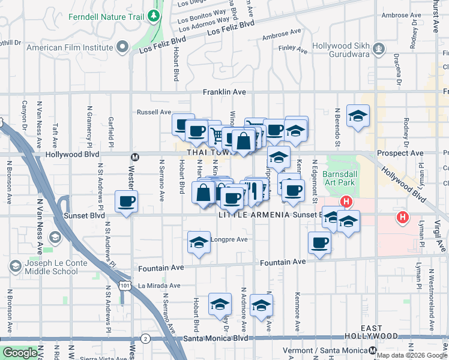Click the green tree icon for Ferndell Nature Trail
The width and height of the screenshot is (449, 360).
(155, 16)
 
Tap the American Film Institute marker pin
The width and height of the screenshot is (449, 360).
(123, 46)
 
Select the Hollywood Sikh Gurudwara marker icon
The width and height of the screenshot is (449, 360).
(379, 47)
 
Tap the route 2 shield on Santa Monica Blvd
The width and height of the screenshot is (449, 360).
(145, 338)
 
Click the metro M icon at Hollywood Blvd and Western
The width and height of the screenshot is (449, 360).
(135, 157)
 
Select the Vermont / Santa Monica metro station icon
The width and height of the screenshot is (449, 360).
(373, 350)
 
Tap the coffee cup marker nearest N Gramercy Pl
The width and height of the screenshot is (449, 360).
(126, 202)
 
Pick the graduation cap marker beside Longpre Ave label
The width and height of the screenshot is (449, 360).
(199, 243)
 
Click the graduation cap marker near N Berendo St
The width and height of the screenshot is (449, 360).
(358, 116)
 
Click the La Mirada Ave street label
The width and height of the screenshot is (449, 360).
(158, 286)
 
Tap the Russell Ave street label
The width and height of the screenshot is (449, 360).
(154, 112)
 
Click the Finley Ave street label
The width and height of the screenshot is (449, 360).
(292, 47)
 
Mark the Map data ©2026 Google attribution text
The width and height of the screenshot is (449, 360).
(412, 355)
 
